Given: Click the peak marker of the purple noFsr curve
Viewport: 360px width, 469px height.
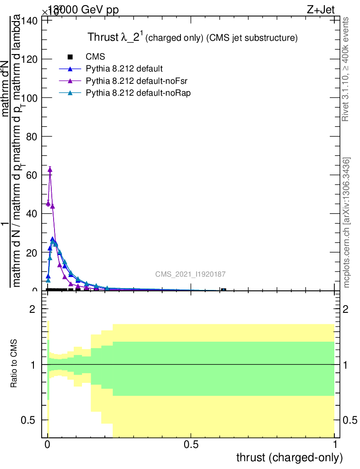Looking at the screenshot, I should [x=50, y=169].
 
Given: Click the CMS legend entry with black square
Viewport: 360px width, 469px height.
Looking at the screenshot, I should [x=95, y=57].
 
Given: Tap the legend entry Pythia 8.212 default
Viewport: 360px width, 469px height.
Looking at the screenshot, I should [x=124, y=69].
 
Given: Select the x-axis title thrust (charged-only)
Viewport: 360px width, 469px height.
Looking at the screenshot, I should [x=289, y=458].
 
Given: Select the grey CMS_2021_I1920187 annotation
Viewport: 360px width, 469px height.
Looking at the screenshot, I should [x=191, y=274].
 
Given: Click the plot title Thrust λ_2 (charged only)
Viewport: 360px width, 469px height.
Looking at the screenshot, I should [x=192, y=38].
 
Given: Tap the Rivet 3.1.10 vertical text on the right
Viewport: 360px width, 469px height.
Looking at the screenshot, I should [x=346, y=69].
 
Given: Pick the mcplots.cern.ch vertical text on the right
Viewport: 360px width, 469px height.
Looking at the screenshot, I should [x=347, y=223].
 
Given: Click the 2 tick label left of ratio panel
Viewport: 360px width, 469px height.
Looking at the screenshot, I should [x=33, y=310].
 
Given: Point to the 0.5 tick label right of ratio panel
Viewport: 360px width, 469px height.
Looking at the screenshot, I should [x=350, y=420].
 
